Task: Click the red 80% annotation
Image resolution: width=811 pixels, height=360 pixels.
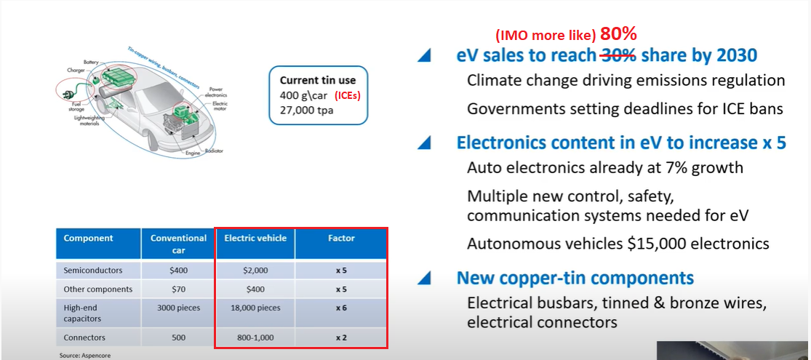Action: pos(618,34)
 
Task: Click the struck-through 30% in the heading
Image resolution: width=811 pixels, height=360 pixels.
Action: pos(618,56)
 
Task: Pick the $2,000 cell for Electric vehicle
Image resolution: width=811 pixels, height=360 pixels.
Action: pos(255,270)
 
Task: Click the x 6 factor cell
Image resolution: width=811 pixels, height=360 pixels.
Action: pos(341,308)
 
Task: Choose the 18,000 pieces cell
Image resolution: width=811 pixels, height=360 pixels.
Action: pos(255,308)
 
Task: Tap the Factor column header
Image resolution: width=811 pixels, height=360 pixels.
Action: pos(341,239)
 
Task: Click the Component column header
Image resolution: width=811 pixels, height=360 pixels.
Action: pos(88,239)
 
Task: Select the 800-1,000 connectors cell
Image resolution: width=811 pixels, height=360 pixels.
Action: pos(255,337)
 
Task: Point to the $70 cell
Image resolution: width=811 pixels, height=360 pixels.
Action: pos(178,289)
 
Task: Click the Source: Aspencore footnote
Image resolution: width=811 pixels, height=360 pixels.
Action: pos(85,356)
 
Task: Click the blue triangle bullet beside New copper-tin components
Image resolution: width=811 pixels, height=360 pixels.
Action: pos(424,279)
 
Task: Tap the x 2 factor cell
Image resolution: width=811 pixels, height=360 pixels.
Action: pos(341,337)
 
